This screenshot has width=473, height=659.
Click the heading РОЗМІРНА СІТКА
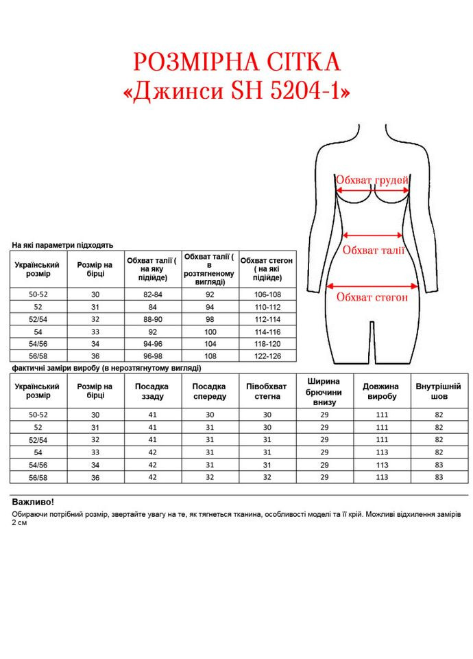(236, 62)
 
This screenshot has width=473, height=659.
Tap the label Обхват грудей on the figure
(372, 180)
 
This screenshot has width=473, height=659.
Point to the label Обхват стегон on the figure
(372, 297)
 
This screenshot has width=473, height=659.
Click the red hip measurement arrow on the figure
(373, 286)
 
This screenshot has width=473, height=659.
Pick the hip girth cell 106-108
(267, 294)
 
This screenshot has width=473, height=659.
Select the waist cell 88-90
(154, 319)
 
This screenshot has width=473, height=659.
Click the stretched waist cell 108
(210, 356)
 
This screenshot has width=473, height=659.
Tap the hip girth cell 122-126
(267, 356)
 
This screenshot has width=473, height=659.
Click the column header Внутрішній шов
(438, 391)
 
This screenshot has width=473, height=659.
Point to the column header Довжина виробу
(381, 391)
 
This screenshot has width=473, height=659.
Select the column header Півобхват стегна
(267, 391)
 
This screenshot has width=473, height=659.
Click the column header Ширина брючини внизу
(324, 391)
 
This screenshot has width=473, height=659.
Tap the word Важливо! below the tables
(32, 502)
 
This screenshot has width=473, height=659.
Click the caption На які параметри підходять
(62, 245)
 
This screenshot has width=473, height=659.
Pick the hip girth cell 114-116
(267, 332)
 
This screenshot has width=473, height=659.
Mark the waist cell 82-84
(154, 294)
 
